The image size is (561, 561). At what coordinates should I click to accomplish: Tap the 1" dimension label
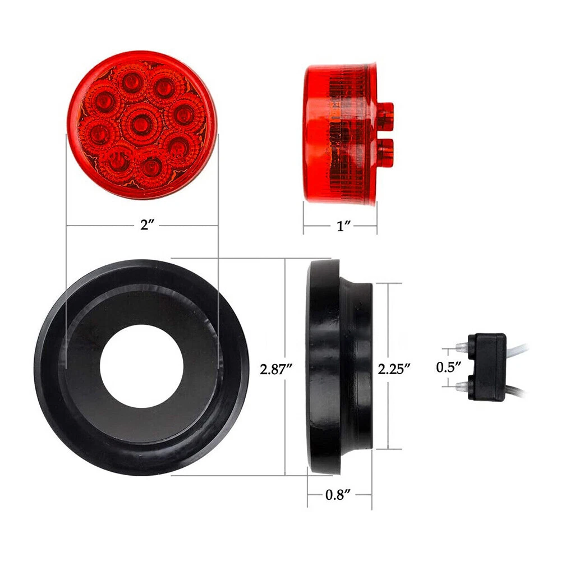[x=343, y=226]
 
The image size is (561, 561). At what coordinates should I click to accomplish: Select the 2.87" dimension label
[x=276, y=369]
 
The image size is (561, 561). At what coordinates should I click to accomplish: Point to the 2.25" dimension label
[x=394, y=369]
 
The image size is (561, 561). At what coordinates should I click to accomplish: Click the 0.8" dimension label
[x=337, y=495]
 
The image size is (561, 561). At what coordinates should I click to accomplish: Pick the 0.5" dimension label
[x=448, y=367]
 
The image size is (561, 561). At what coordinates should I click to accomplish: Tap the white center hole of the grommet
[x=142, y=366]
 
